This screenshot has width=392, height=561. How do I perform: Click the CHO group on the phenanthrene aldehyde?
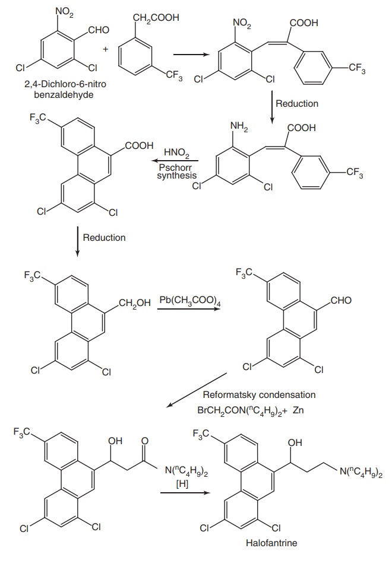[340, 301]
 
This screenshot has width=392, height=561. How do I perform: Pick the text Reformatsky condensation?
[259, 394]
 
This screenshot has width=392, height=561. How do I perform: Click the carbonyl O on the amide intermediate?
[145, 442]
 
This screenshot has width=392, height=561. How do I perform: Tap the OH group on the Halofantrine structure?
[294, 442]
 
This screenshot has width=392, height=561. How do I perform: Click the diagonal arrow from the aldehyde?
[197, 390]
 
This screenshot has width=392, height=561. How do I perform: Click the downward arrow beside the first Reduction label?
[271, 106]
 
